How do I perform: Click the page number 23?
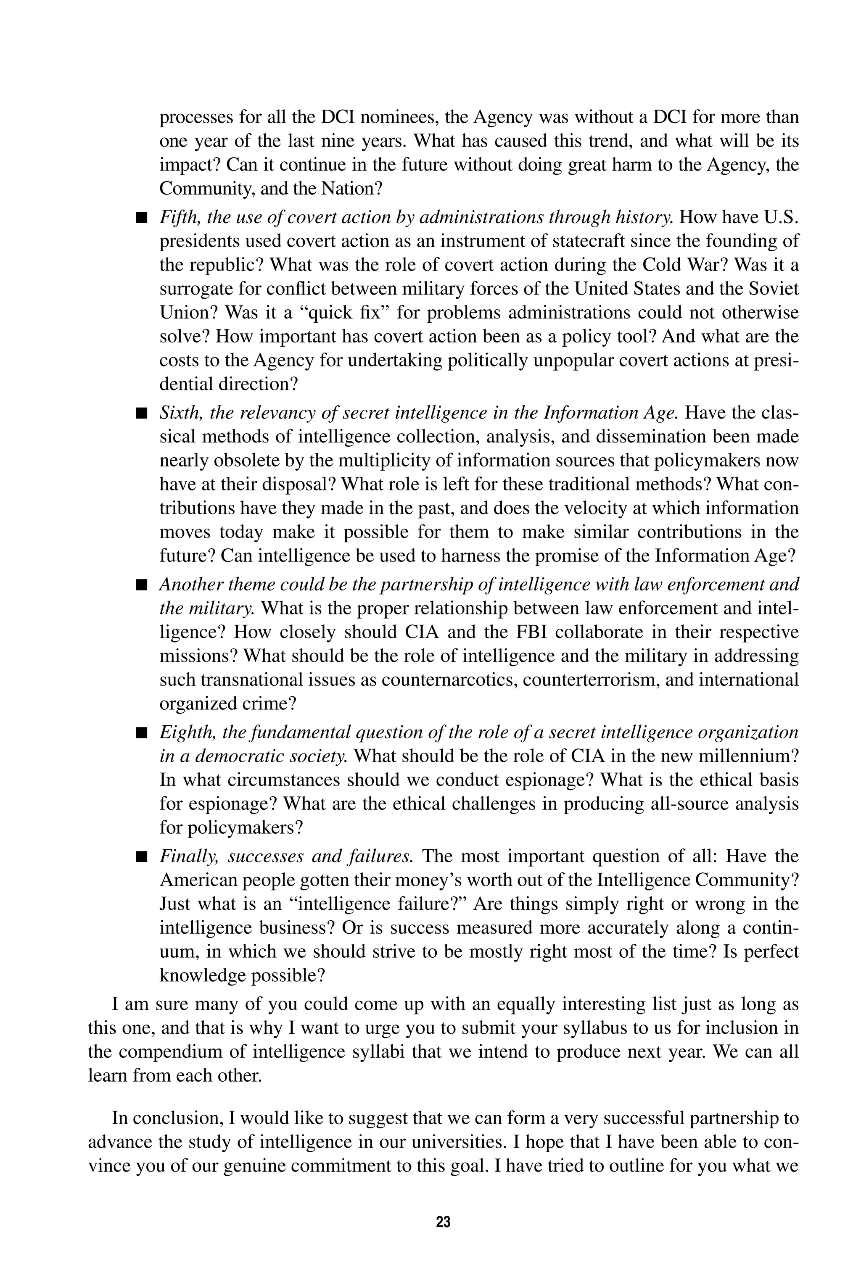point(443,1222)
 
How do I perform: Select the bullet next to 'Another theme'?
point(142,585)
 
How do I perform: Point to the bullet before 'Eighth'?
point(142,732)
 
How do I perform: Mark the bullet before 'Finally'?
point(142,857)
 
